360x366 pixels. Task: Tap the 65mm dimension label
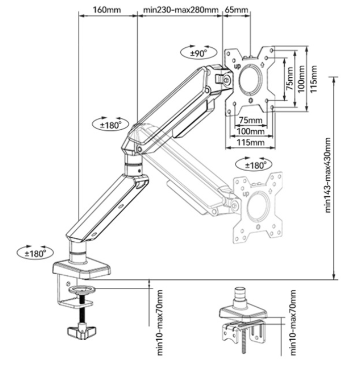pyautogui.click(x=236, y=10)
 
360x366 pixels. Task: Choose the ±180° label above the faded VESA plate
pyautogui.click(x=254, y=165)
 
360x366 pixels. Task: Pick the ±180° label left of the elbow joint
pyautogui.click(x=110, y=124)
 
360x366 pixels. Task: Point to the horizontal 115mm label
pyautogui.click(x=250, y=142)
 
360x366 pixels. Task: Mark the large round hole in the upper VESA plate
pyautogui.click(x=250, y=79)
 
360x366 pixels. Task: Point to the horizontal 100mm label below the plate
pyautogui.click(x=250, y=131)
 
